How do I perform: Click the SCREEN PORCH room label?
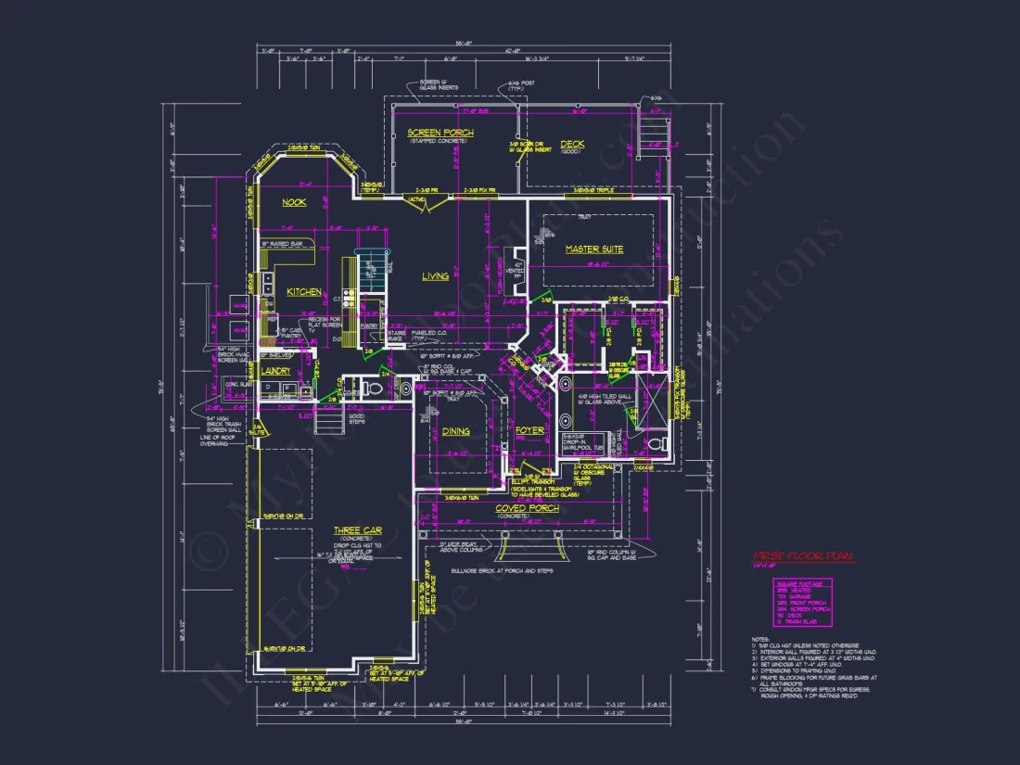(440, 134)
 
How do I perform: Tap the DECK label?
(572, 143)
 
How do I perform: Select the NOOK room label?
(294, 202)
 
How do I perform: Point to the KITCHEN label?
(303, 292)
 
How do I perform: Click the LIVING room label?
(436, 276)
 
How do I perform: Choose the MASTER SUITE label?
(594, 249)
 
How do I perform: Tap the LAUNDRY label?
(276, 371)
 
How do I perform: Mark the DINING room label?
(455, 431)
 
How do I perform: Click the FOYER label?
(529, 430)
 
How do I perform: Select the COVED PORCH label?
(526, 508)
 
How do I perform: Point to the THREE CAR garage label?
(358, 530)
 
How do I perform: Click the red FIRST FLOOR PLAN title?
(803, 556)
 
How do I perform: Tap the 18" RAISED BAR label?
(283, 244)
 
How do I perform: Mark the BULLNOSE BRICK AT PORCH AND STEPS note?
(502, 571)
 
